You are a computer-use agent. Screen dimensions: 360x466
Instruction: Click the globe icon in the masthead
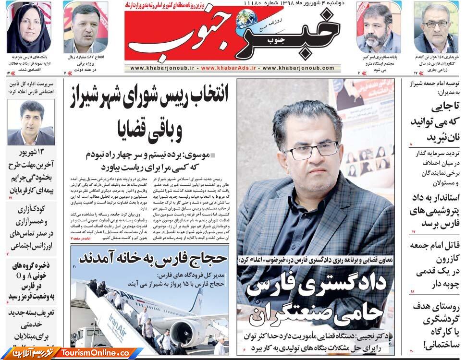[246, 19]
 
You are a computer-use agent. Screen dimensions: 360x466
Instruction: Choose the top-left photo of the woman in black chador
[29, 27]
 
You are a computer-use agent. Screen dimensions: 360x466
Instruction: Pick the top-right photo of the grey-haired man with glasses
[436, 28]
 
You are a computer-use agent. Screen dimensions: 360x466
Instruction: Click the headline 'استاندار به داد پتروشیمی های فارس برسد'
[435, 210]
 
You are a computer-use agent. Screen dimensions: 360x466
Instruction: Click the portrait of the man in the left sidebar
[32, 122]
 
